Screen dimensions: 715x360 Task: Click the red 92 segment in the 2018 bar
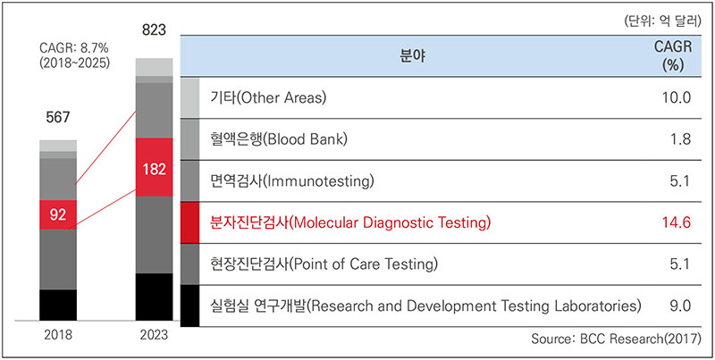tap(58, 214)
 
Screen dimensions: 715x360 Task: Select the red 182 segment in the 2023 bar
tap(154, 167)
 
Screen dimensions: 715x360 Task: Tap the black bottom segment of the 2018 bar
tap(58, 305)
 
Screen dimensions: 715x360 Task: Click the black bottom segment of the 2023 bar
tap(154, 297)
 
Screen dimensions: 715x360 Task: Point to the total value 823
tap(154, 31)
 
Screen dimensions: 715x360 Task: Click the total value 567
tap(58, 118)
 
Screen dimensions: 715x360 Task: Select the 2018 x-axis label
tap(58, 335)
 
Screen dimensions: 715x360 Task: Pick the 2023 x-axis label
tap(154, 335)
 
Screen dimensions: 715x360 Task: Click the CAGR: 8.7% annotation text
tap(71, 48)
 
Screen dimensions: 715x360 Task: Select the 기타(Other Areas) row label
tap(269, 98)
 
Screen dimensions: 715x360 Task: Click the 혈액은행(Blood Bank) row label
tap(279, 139)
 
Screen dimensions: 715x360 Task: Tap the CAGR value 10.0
tap(677, 98)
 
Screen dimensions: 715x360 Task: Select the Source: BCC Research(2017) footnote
tap(616, 339)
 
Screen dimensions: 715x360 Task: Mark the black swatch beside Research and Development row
tap(189, 306)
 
